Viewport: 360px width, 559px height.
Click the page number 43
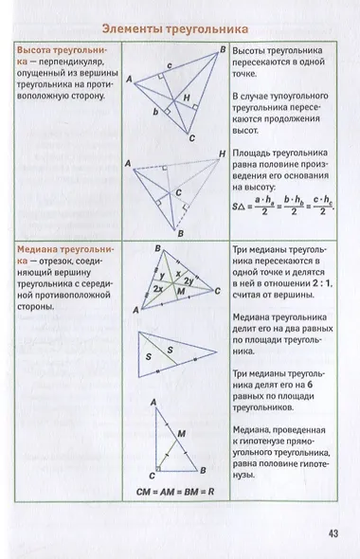click(332, 532)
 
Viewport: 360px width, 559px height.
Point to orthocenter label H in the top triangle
click(188, 99)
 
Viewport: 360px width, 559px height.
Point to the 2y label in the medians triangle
click(189, 281)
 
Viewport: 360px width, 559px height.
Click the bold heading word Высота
click(40, 47)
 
